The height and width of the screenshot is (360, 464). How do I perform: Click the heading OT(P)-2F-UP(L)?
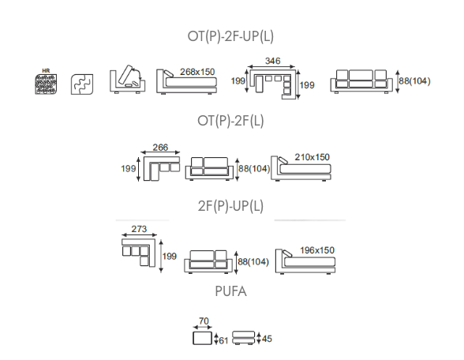[230, 36]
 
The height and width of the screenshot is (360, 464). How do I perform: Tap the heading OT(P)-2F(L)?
[230, 121]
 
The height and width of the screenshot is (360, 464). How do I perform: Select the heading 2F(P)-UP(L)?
[230, 206]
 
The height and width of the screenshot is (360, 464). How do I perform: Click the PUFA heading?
[230, 291]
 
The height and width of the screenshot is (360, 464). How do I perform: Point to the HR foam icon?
[46, 82]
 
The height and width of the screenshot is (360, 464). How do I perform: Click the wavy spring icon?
[82, 84]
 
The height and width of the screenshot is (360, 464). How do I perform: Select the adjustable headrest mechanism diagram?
[127, 79]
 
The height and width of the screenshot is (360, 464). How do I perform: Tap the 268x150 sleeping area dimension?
[197, 72]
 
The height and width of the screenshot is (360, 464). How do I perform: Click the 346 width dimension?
[272, 61]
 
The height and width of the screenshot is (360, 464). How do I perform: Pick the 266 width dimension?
[160, 147]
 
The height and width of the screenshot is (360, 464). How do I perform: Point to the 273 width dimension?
[139, 229]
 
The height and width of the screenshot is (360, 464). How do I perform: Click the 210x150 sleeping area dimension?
[312, 157]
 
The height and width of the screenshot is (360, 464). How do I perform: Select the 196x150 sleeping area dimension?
[317, 250]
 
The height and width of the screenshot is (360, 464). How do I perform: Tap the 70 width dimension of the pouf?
[204, 321]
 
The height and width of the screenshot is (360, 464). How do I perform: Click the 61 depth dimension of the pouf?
[224, 341]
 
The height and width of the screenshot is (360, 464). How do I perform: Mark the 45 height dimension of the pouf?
[267, 339]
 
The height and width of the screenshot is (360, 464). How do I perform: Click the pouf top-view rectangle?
[202, 338]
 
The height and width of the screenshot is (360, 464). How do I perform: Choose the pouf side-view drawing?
[243, 338]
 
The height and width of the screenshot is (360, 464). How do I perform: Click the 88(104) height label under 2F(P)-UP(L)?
[253, 262]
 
